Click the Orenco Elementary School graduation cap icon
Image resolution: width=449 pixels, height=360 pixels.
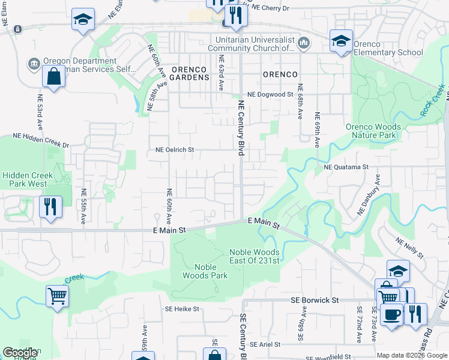[341, 41]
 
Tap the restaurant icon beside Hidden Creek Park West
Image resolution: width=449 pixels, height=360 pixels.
[50, 207]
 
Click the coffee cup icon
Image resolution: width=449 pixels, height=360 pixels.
[391, 314]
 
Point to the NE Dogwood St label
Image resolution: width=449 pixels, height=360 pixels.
[270, 94]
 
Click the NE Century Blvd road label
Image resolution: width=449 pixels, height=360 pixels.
[241, 128]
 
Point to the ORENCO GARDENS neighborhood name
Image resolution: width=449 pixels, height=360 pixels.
[190, 73]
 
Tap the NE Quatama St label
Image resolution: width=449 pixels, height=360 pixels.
[346, 167]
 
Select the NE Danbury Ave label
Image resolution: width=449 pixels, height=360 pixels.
[369, 195]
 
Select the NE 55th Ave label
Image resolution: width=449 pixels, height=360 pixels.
[83, 206]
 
